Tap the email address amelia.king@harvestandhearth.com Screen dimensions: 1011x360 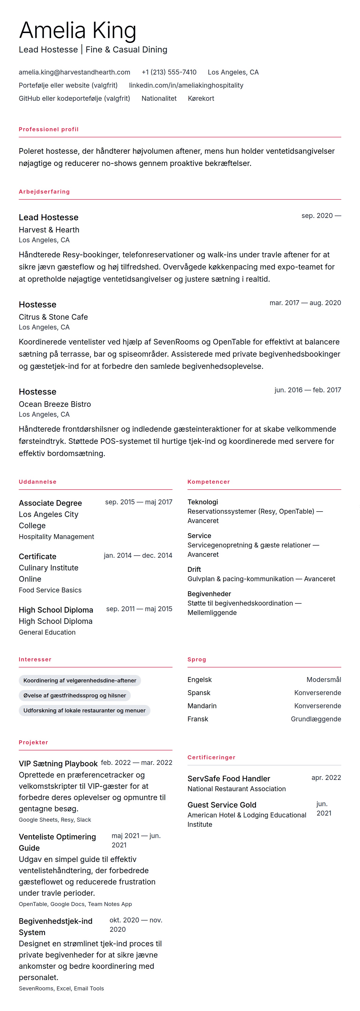point(74,72)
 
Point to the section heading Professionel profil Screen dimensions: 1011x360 point(49,129)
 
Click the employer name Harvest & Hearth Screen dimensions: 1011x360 point(49,230)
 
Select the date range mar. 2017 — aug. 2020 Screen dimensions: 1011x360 point(305,303)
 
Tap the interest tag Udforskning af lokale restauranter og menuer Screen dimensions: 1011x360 point(84,710)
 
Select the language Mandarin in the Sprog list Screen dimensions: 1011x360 point(202,706)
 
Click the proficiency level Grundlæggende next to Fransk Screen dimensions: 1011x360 point(316,719)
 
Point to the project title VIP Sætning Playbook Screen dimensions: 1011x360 point(58,763)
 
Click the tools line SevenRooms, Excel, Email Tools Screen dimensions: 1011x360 point(61,988)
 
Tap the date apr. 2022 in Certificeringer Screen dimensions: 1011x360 point(326,778)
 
